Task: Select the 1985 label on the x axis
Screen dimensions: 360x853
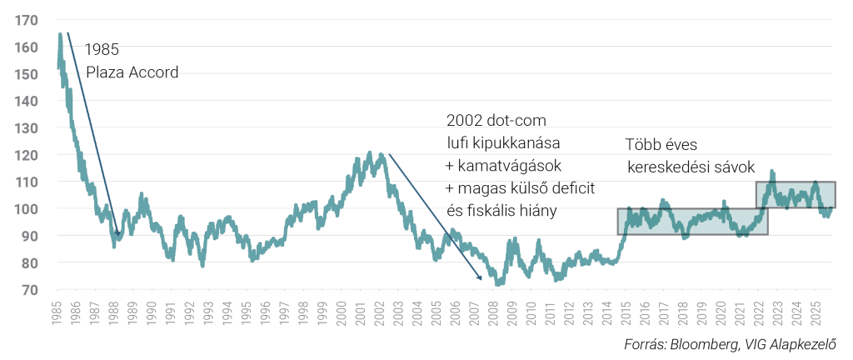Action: pos(57,310)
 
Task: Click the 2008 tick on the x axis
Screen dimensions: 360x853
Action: pos(494,310)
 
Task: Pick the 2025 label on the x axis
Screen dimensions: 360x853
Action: pos(817,310)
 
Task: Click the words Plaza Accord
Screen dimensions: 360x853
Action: pos(132,72)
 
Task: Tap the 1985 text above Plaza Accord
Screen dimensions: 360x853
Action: pos(102,50)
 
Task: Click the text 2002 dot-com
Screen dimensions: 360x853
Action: pos(496,121)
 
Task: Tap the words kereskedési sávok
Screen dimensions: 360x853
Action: pos(691,167)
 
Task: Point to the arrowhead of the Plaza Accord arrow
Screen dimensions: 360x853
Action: pos(118,236)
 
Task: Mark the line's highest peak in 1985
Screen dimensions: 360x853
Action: pos(60,35)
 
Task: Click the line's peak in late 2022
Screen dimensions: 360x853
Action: pos(772,172)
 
